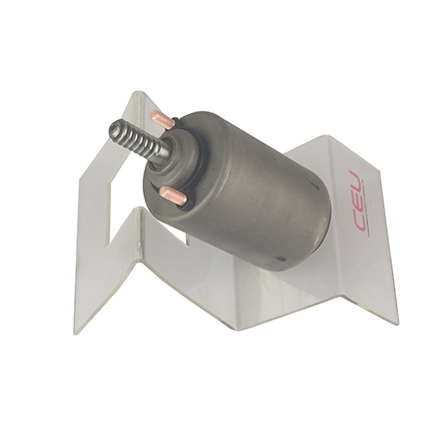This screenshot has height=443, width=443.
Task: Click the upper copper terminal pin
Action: tap(162, 119)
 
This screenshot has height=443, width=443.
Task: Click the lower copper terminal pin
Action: tap(173, 196)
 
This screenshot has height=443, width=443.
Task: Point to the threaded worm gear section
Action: tap(135, 140)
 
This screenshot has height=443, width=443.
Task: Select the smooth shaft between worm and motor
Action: tap(163, 154)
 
